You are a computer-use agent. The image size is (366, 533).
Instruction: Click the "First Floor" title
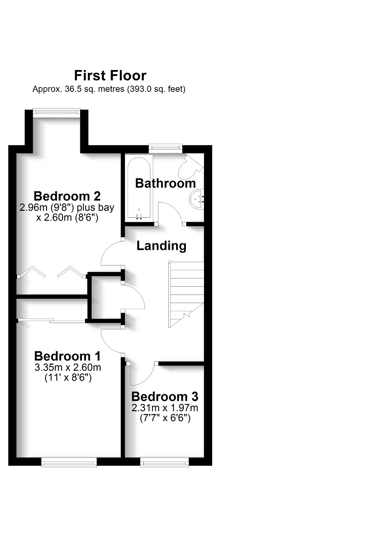click(x=110, y=75)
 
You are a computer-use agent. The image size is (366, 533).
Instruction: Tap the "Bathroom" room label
click(x=165, y=183)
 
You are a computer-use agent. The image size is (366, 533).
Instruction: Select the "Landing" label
click(x=161, y=246)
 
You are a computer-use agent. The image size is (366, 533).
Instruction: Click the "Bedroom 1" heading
click(x=67, y=356)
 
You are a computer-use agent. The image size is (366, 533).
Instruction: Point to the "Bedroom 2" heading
click(x=67, y=196)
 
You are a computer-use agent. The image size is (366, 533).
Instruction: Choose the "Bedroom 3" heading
click(x=165, y=396)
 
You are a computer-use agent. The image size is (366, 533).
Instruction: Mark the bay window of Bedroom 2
click(x=56, y=112)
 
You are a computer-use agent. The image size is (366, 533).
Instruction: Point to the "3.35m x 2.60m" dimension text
click(x=68, y=367)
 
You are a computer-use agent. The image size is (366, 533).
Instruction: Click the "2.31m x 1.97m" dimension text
click(x=165, y=408)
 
